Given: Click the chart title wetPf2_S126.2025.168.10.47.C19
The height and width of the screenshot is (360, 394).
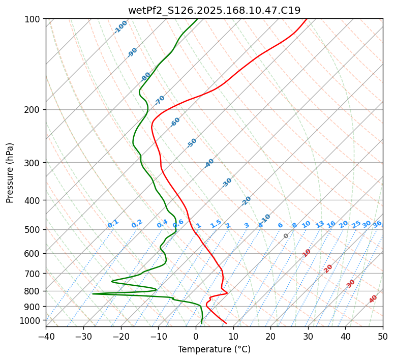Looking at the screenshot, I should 214,10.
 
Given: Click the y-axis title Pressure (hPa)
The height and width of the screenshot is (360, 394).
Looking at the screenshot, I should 10,173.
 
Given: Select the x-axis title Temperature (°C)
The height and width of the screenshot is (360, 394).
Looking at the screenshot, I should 214,350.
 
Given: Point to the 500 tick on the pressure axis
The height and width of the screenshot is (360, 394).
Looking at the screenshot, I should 34,230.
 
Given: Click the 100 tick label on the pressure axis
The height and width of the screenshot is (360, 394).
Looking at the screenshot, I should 34,19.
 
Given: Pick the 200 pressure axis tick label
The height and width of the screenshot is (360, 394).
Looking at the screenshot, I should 34,110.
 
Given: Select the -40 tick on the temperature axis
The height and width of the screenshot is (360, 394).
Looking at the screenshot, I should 46,337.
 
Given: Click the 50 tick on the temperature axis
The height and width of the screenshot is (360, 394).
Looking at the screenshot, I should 383,337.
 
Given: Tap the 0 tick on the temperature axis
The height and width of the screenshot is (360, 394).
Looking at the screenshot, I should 196,337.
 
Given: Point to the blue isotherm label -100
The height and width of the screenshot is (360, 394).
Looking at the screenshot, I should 120,27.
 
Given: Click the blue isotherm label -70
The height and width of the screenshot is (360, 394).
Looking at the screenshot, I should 160,100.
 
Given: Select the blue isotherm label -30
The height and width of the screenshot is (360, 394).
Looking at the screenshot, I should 227,183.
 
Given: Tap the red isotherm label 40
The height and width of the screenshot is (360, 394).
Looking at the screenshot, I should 373,299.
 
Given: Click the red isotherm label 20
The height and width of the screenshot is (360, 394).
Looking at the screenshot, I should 328,268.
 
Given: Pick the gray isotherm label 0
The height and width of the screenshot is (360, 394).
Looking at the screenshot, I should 286,236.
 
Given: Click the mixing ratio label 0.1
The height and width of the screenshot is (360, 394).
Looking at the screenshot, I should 113,224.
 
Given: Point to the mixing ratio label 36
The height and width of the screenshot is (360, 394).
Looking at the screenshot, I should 377,224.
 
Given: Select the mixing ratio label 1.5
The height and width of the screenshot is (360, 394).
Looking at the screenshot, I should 216,224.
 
